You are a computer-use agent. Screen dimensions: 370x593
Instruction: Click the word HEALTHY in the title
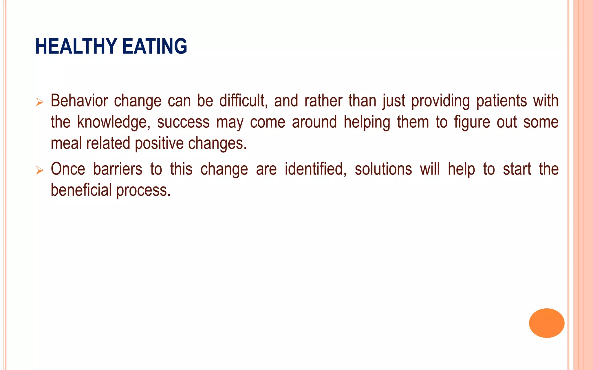click(76, 46)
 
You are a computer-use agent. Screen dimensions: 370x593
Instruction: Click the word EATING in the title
click(155, 46)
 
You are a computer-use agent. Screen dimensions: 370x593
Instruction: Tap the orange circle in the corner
click(546, 323)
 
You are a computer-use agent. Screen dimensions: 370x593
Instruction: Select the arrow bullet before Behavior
click(39, 102)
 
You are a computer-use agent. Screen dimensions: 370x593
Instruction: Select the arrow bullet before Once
click(39, 170)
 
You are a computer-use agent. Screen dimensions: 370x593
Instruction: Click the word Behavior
click(79, 101)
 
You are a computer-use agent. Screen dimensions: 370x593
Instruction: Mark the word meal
click(66, 143)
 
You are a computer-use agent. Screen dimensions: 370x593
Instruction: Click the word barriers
click(118, 169)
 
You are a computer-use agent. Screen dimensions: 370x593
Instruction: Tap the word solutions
click(383, 169)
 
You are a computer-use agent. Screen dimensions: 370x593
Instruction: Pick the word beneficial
click(81, 190)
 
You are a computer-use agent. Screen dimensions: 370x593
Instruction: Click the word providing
click(440, 101)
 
